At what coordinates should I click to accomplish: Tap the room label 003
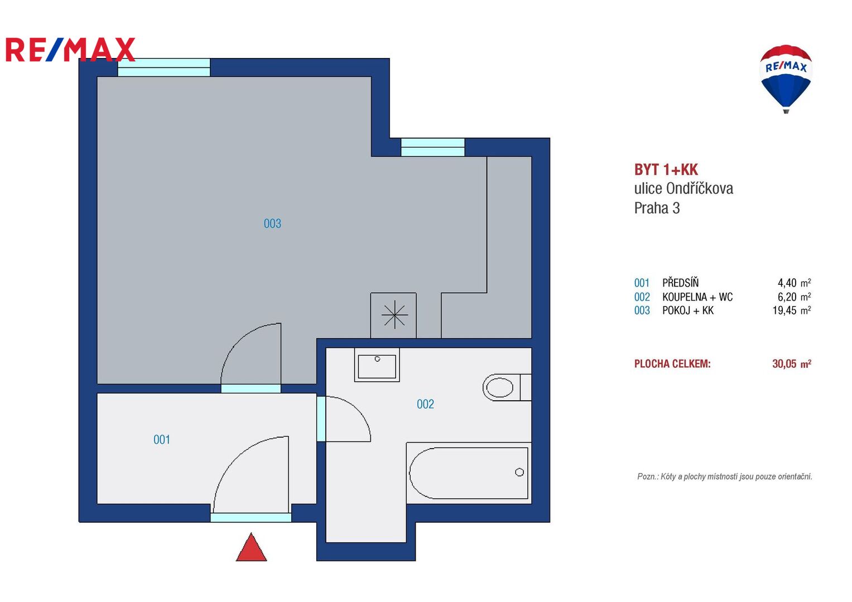(x=272, y=224)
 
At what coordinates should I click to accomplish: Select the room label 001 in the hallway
(x=162, y=440)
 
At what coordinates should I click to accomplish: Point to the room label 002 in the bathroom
(x=425, y=404)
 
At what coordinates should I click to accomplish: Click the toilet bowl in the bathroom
(x=499, y=387)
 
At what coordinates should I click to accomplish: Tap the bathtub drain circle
(x=519, y=472)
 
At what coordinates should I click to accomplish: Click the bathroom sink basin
(x=377, y=365)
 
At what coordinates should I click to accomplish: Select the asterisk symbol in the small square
(x=394, y=314)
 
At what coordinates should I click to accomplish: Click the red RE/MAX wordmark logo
(x=70, y=50)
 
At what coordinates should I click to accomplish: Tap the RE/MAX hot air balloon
(x=786, y=78)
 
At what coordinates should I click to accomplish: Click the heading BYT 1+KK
(x=666, y=169)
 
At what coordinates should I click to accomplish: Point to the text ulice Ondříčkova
(x=683, y=188)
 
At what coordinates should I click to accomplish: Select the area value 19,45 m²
(x=792, y=310)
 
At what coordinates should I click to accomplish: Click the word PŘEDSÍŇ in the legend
(x=681, y=283)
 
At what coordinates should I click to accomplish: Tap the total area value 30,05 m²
(x=792, y=363)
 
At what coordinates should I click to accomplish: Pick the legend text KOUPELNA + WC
(x=697, y=297)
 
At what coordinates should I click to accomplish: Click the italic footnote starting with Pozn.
(x=725, y=476)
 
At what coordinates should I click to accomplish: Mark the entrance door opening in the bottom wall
(x=251, y=517)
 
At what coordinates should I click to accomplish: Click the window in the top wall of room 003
(x=164, y=67)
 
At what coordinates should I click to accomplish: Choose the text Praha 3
(x=657, y=208)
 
